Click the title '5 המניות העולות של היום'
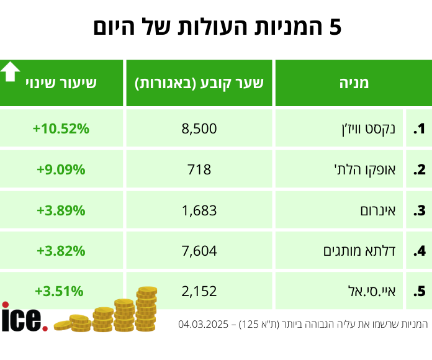tap(217, 27)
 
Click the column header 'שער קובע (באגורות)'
tap(199, 83)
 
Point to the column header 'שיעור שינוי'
tap(61, 83)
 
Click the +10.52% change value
tap(61, 129)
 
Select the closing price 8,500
tap(199, 129)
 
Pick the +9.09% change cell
tap(61, 169)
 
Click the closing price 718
tap(199, 169)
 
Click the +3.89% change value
tap(61, 210)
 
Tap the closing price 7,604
tap(199, 251)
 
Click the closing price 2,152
tap(199, 291)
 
